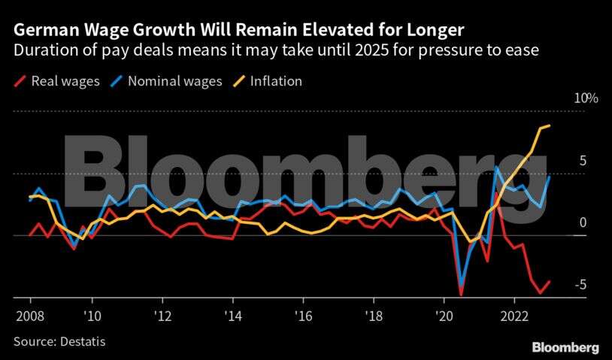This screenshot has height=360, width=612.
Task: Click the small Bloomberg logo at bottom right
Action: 565,347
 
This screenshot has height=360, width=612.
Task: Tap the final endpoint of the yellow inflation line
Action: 550,126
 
